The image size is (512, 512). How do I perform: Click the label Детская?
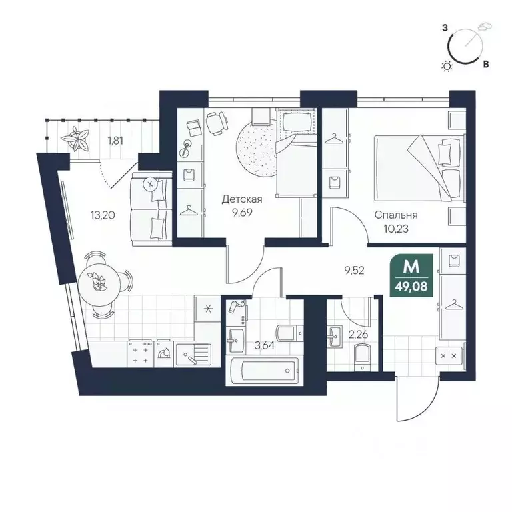(x=242, y=199)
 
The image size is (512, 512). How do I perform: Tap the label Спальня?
(x=396, y=215)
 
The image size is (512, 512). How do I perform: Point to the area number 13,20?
(x=102, y=215)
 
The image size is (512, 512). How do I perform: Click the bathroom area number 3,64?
(x=265, y=345)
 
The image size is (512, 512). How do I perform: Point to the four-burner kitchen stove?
(x=141, y=354)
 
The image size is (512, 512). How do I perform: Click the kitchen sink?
(x=193, y=356)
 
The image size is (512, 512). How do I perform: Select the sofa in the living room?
(x=151, y=205)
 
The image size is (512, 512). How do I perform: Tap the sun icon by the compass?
(x=447, y=65)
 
